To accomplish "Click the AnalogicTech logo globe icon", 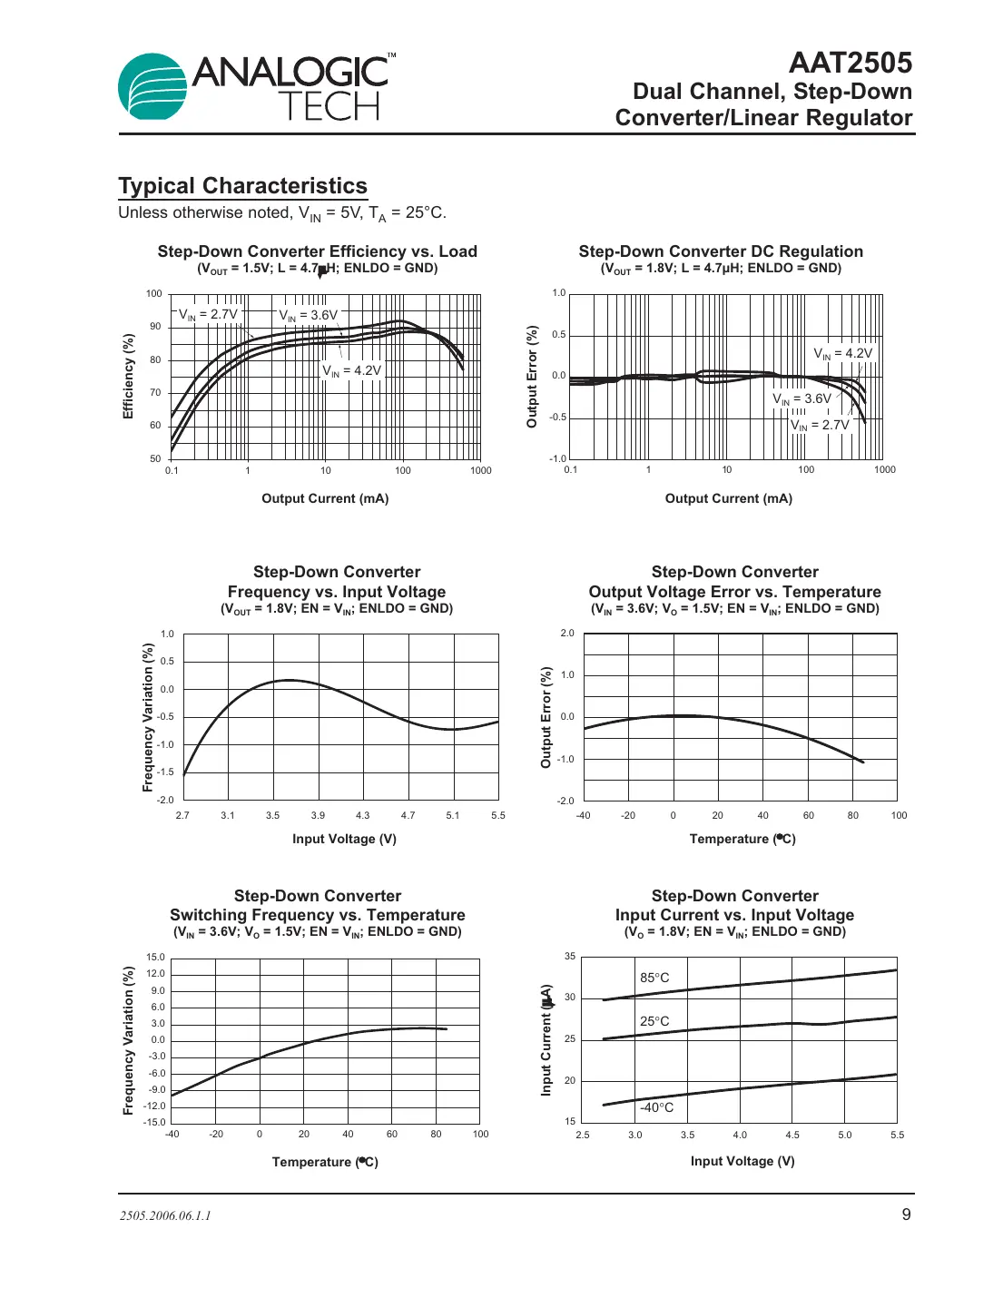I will [x=152, y=87].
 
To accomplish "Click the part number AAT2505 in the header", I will [x=850, y=63].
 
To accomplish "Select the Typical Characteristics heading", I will [x=242, y=186].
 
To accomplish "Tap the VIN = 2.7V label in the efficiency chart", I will [x=208, y=315].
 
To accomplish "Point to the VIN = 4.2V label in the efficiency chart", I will [x=352, y=370].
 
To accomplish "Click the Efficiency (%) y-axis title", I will [x=129, y=376].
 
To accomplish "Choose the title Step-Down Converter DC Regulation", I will [x=721, y=251].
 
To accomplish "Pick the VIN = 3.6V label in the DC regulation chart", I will [x=801, y=398].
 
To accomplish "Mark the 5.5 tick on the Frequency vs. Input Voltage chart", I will [x=498, y=815].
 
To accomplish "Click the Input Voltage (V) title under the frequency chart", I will [x=344, y=839].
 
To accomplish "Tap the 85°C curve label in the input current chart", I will [x=654, y=978].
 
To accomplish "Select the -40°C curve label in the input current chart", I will [x=657, y=1107].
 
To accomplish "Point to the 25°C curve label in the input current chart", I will [x=654, y=1021].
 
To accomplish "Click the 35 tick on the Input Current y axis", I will [x=570, y=956].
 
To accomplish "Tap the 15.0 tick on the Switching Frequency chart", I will [x=156, y=957].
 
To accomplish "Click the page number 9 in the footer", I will [x=906, y=1214].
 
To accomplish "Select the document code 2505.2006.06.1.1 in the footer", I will [x=165, y=1215].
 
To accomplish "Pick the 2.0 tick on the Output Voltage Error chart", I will [x=567, y=633].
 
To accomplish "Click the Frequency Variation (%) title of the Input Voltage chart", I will [x=148, y=717].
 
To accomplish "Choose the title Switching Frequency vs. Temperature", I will [x=317, y=915].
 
